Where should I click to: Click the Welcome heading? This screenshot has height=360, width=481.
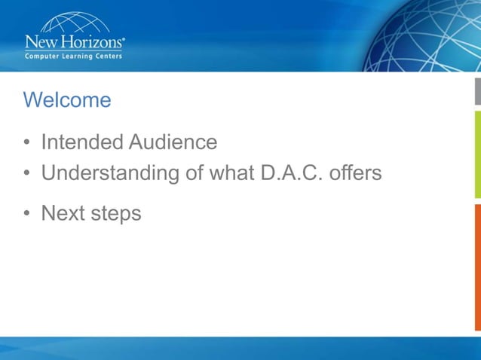(67, 100)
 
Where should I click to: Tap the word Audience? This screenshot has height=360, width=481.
(173, 142)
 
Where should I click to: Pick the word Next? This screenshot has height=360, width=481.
(62, 213)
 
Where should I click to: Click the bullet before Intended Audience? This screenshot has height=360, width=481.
(27, 143)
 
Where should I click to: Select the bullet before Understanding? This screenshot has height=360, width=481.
(27, 174)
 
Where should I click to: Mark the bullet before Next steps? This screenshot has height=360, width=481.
(27, 214)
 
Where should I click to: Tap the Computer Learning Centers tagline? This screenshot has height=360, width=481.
(74, 55)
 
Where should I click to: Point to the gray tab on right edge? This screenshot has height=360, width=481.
(477, 90)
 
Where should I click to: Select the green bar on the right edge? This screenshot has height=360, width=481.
(477, 155)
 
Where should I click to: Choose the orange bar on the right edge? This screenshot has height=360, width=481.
(477, 267)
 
